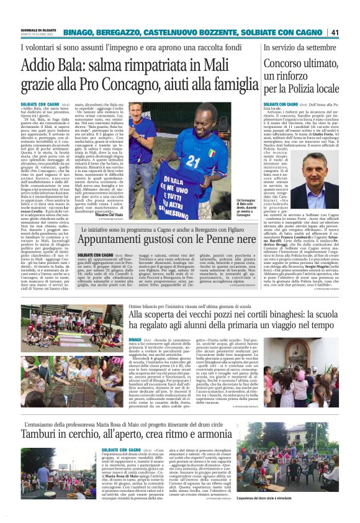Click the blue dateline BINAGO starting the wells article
point(135,341)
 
